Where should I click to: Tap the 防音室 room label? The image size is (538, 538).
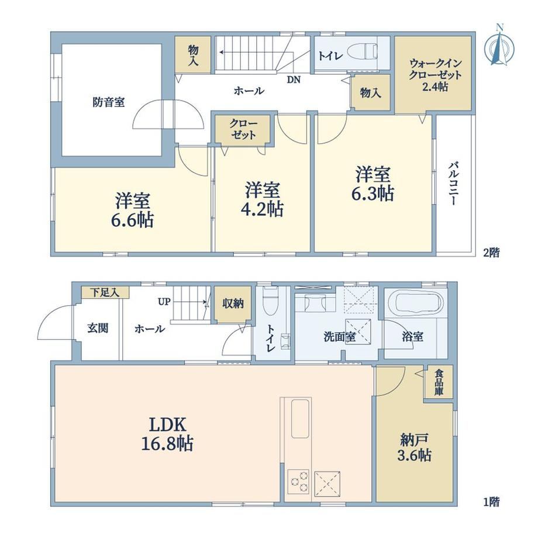[x=108, y=102]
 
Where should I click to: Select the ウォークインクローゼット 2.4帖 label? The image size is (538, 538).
[x=435, y=75]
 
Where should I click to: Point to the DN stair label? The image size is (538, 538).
[x=294, y=80]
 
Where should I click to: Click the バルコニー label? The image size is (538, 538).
[x=453, y=184]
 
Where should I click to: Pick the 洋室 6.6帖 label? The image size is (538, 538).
[x=132, y=211]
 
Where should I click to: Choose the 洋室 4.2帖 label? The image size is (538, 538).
[x=264, y=199]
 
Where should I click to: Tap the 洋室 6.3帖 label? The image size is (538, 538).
[x=373, y=184]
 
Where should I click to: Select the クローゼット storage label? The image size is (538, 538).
[x=243, y=129]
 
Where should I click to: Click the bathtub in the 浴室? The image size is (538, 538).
[x=417, y=304]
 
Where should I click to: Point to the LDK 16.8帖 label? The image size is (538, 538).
[x=167, y=434]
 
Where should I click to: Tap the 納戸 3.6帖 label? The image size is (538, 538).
[x=414, y=447]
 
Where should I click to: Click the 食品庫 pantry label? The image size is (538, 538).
[x=439, y=382]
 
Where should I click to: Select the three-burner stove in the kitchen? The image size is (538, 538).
[x=298, y=481]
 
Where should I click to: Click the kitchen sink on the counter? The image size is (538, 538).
[x=301, y=419]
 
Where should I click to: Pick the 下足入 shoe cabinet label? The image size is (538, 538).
[x=105, y=292]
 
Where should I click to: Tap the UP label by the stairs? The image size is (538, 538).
[x=164, y=302]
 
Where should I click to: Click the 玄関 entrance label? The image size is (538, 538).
[x=98, y=328]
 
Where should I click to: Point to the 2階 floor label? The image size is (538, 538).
[x=491, y=253]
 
